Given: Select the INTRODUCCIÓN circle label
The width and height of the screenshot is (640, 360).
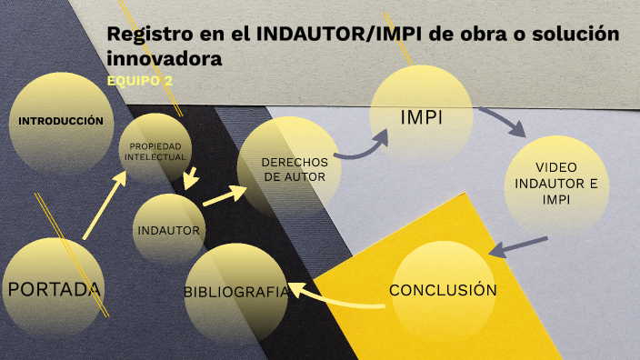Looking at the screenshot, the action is click(x=61, y=121).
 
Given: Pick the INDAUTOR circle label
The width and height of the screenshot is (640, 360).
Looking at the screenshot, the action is click(x=168, y=230).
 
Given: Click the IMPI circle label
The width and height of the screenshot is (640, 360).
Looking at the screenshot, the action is click(x=423, y=117).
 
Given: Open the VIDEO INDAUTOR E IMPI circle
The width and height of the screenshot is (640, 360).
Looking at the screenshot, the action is click(x=555, y=185).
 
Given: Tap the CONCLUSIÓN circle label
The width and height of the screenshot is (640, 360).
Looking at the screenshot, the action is click(x=443, y=291).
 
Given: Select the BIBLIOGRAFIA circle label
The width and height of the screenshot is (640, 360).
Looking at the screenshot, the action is click(x=236, y=292).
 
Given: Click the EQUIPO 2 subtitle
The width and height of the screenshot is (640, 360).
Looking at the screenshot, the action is click(x=140, y=81).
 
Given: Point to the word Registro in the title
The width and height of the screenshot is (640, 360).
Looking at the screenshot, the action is click(x=145, y=35).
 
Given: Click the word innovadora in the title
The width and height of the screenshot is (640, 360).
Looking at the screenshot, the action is click(x=165, y=59).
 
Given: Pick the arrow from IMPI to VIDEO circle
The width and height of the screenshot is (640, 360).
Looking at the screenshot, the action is click(x=502, y=121).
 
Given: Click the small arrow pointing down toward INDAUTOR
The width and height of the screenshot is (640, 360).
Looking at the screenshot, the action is click(x=191, y=176).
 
